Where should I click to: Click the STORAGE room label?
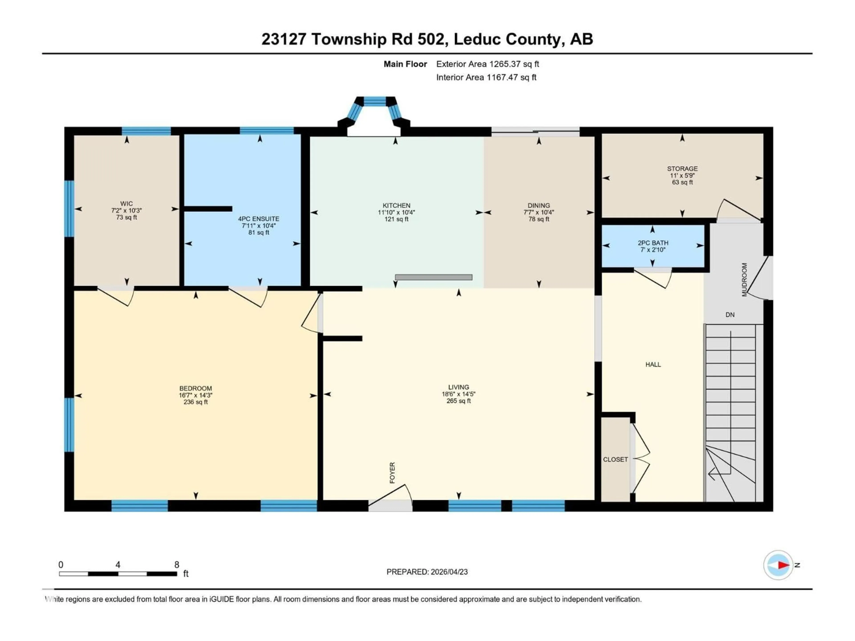682,168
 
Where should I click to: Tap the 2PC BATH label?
653,243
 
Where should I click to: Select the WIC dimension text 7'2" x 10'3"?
126,211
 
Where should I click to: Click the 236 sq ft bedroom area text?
195,402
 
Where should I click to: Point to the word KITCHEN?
396,206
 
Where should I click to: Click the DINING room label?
538,206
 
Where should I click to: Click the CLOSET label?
615,459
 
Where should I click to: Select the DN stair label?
730,314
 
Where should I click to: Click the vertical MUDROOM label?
745,280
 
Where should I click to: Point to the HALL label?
653,364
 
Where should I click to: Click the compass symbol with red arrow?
778,565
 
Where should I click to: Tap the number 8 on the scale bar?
177,564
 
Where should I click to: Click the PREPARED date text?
427,572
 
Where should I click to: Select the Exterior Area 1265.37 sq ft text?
487,64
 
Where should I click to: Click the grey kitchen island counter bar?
433,277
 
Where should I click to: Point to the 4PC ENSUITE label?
258,219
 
